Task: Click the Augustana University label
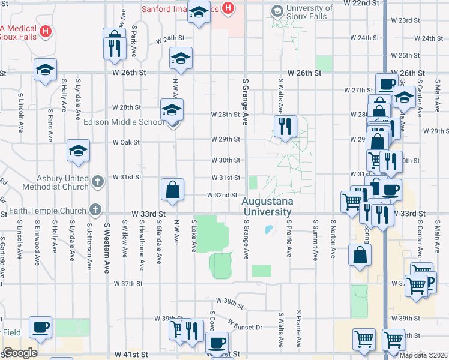point(267,207)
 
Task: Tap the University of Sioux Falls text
point(309,12)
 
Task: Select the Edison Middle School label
point(124,122)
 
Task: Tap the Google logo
point(20,353)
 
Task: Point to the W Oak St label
point(127,143)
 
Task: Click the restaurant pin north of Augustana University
point(285,127)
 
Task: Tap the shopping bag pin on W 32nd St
point(172,190)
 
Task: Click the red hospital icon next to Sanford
point(228,8)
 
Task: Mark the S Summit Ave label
point(315,239)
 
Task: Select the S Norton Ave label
point(332,239)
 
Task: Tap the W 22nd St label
point(362,4)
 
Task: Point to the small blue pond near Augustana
point(268,229)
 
